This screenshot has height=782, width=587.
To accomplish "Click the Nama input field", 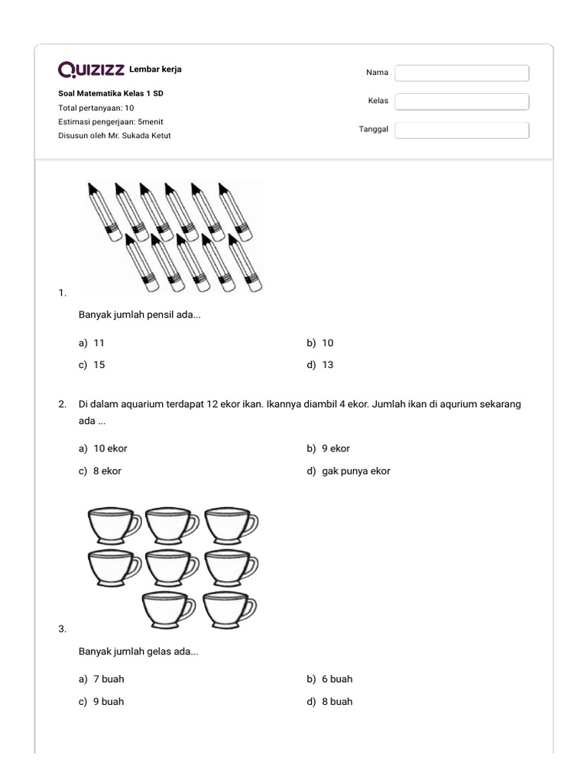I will click(462, 73).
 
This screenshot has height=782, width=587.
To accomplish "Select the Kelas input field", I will click(462, 102).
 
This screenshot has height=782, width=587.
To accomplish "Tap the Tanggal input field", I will click(462, 130).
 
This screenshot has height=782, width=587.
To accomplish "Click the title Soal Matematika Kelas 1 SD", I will click(111, 94).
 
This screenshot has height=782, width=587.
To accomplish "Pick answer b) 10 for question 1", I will click(320, 343).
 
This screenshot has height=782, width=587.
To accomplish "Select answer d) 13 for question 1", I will click(320, 365).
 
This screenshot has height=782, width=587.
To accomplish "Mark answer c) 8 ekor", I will click(100, 471).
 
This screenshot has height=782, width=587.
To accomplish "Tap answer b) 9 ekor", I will click(329, 449).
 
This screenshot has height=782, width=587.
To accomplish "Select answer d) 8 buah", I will click(330, 702).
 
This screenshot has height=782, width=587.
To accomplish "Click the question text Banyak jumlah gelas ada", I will click(138, 652).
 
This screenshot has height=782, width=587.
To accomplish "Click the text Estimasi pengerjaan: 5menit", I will click(111, 122).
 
